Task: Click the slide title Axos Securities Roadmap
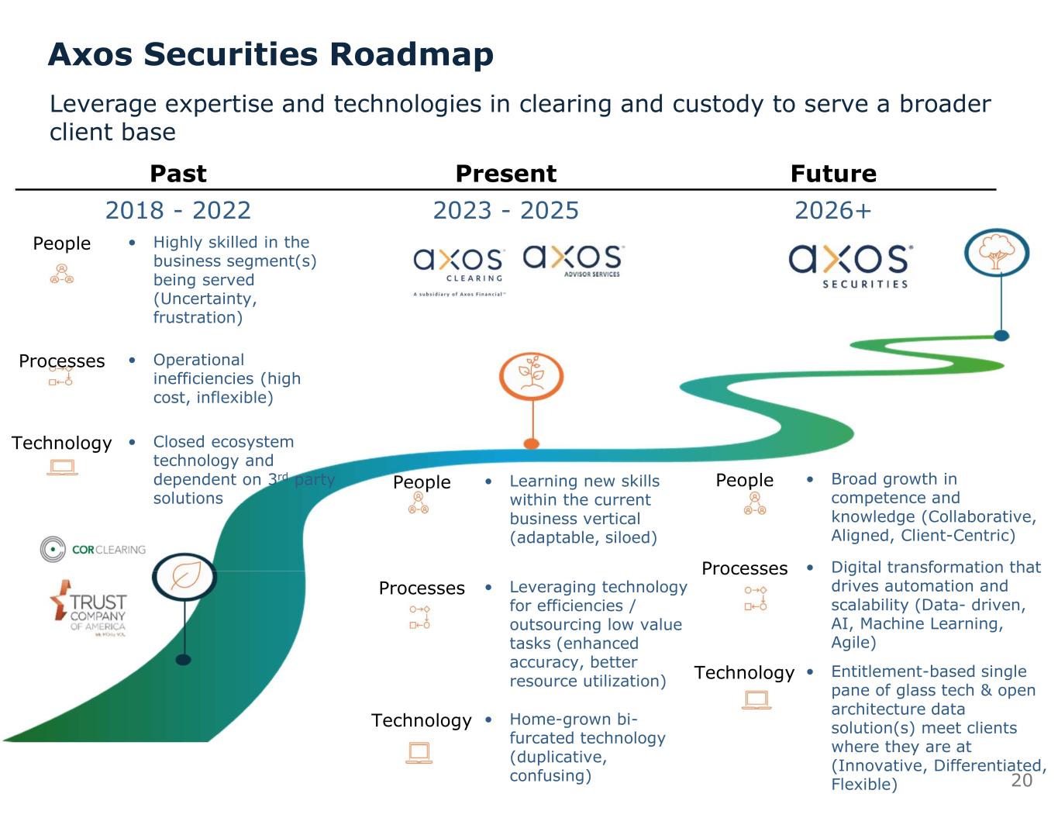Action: (x=271, y=54)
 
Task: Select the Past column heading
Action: (x=178, y=174)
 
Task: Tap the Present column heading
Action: (x=505, y=174)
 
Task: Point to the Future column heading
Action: (x=833, y=174)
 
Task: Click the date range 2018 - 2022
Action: (x=178, y=210)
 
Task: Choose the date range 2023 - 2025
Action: (x=505, y=210)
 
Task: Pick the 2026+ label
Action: (x=833, y=210)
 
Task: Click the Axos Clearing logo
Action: (x=459, y=267)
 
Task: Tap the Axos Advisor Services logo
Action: (x=574, y=261)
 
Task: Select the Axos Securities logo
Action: (x=850, y=266)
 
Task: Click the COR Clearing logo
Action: (x=93, y=549)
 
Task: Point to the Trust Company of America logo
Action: (x=88, y=609)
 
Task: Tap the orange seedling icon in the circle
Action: (x=531, y=376)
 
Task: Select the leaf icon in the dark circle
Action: (x=184, y=576)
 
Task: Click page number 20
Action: (x=1022, y=780)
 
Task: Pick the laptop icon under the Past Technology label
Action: (x=62, y=468)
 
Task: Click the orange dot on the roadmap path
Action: (x=531, y=444)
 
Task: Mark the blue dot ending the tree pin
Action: (x=1001, y=336)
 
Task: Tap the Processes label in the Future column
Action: (x=744, y=568)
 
